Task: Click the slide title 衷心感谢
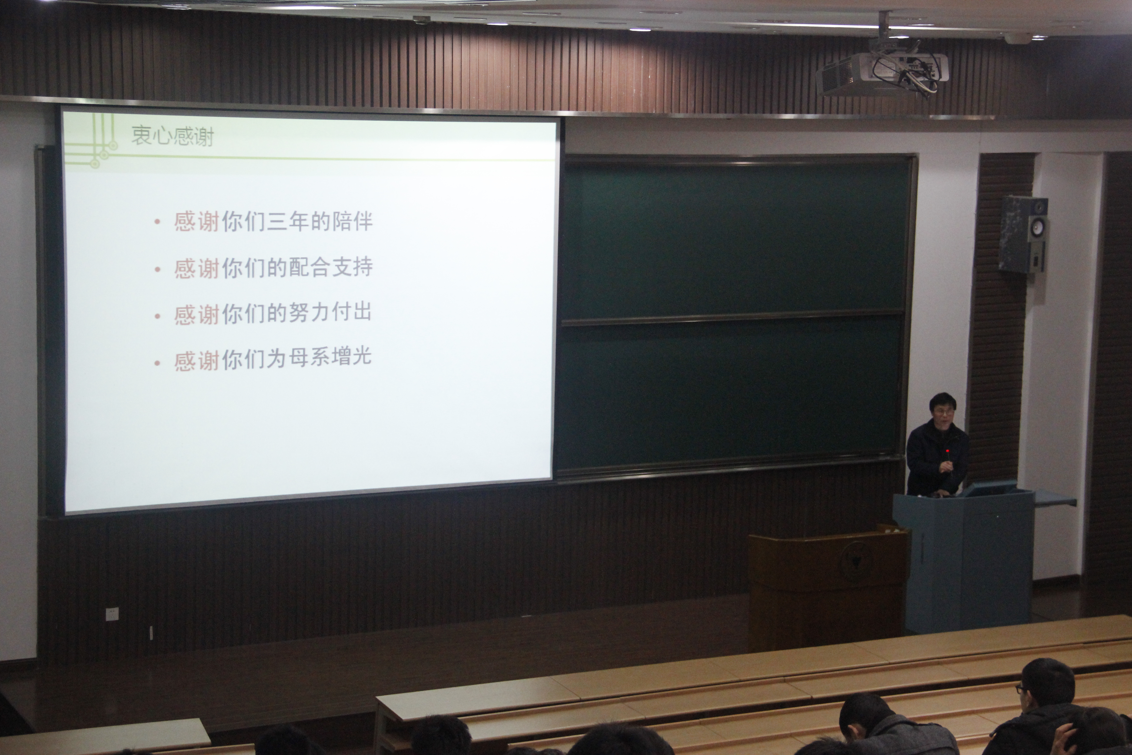click(x=172, y=136)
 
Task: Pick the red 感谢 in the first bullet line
click(x=197, y=222)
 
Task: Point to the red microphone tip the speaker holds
click(x=947, y=451)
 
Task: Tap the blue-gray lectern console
click(x=963, y=559)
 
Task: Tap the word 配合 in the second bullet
click(x=309, y=267)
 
